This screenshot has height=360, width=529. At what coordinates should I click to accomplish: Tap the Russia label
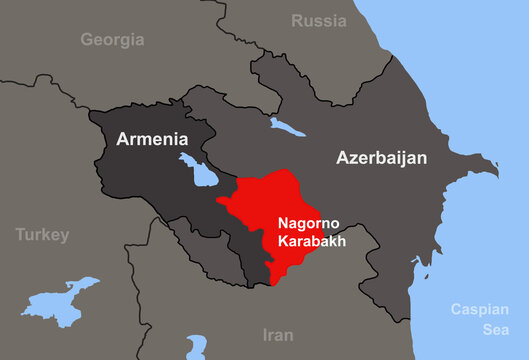318,20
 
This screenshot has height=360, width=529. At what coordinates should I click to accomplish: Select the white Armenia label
152,139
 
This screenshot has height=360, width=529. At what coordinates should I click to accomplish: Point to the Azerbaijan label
381,158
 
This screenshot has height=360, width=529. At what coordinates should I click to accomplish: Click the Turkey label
42,235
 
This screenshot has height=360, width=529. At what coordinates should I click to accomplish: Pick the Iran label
277,335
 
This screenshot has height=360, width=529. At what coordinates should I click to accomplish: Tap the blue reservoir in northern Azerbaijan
287,127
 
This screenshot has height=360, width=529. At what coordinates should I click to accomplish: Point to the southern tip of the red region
273,280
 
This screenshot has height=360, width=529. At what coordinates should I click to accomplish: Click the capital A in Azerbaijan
344,158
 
